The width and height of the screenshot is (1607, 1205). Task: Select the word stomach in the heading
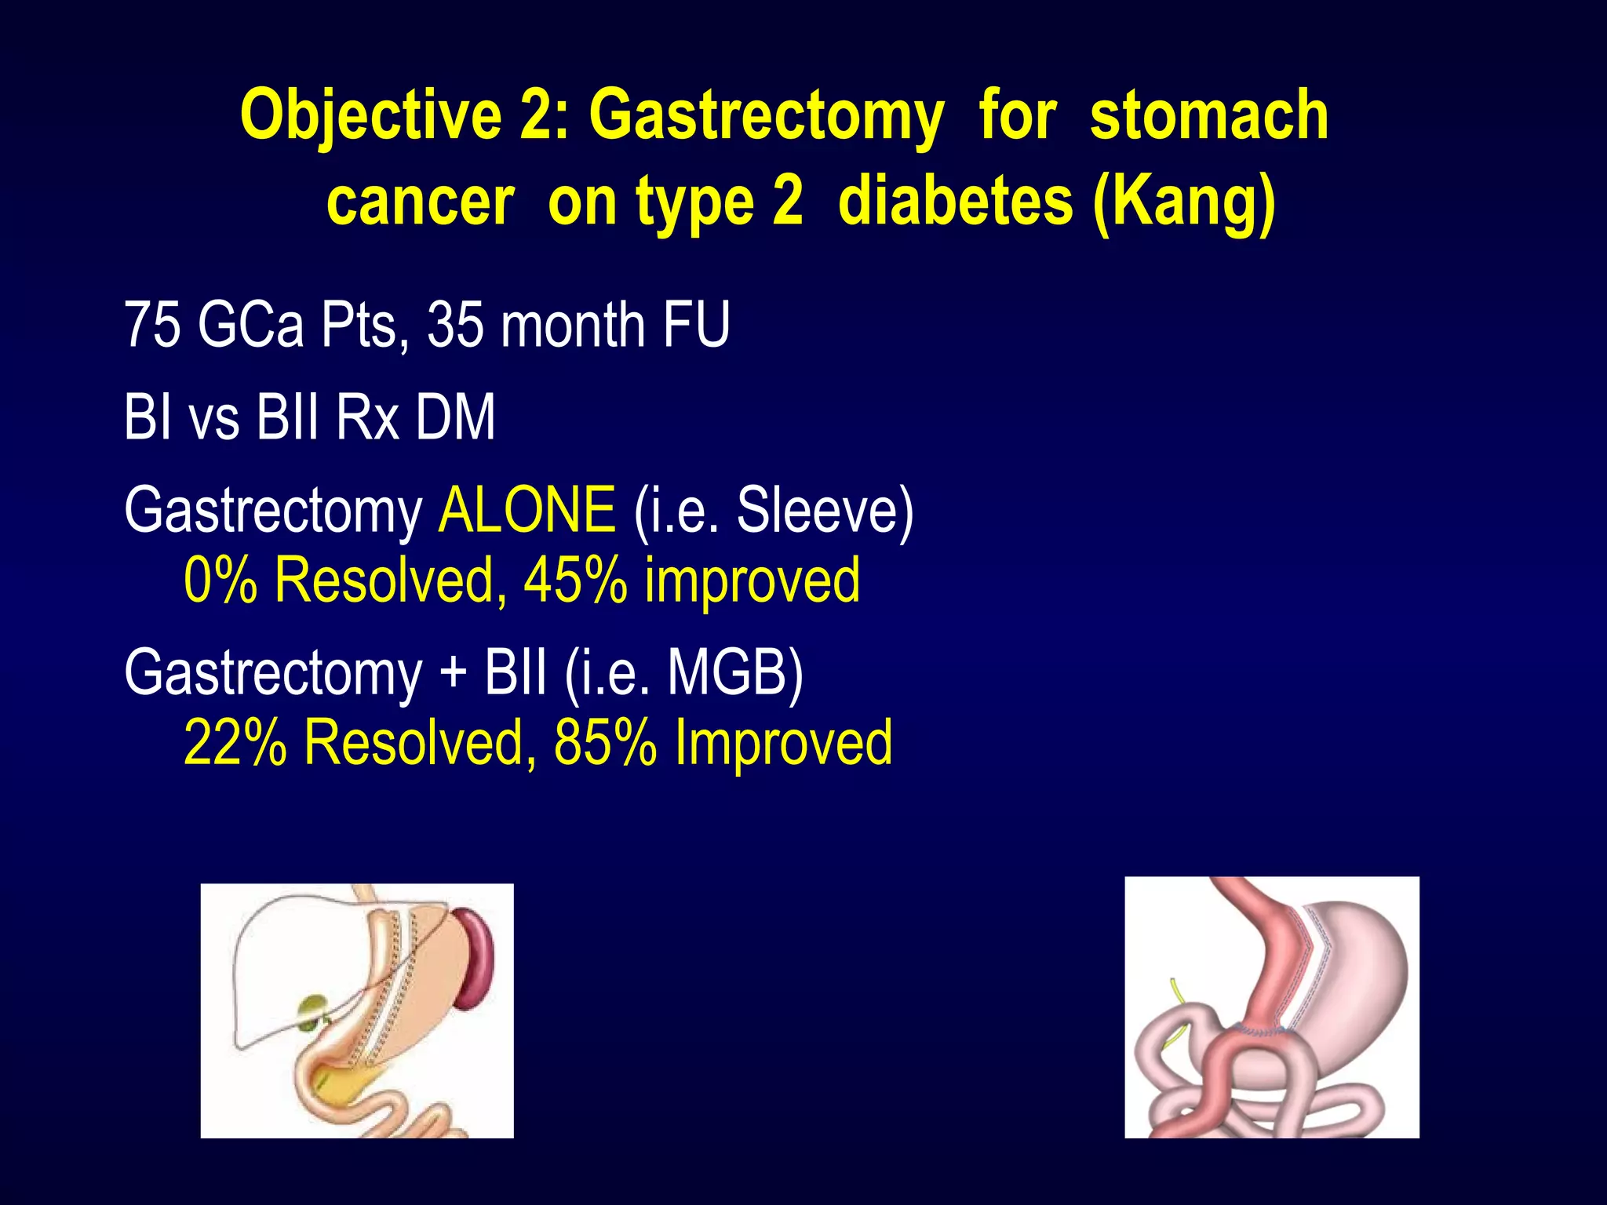pyautogui.click(x=1208, y=116)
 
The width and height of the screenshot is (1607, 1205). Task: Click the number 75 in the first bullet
pyautogui.click(x=152, y=325)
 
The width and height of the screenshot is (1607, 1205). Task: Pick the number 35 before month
pyautogui.click(x=455, y=325)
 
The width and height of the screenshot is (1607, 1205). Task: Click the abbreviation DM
pyautogui.click(x=455, y=417)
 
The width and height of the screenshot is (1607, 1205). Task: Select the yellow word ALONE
pyautogui.click(x=527, y=510)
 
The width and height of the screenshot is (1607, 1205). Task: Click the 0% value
pyautogui.click(x=220, y=581)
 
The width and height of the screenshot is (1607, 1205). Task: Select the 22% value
pyautogui.click(x=235, y=742)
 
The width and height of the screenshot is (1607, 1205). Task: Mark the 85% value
pyautogui.click(x=605, y=742)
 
